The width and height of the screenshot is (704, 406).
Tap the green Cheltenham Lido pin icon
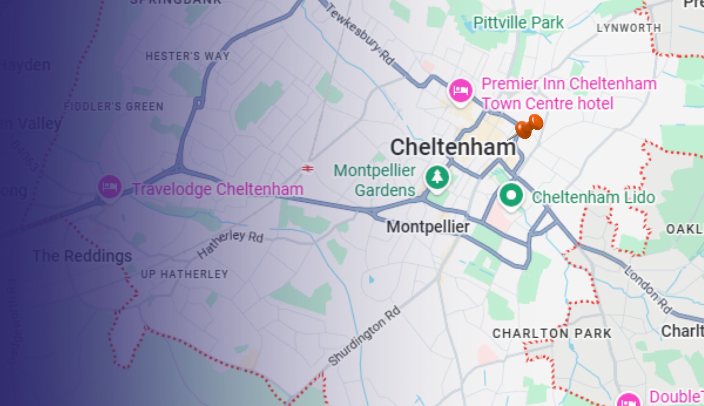pyautogui.click(x=511, y=196)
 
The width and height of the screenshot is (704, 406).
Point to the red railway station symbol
pyautogui.click(x=308, y=168)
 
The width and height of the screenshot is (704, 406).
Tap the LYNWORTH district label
pyautogui.click(x=629, y=28)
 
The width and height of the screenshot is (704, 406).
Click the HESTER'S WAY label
pyautogui.click(x=188, y=56)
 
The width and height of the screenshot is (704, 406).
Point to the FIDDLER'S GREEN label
pyautogui.click(x=113, y=106)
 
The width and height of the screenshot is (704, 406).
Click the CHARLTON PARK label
pyautogui.click(x=552, y=333)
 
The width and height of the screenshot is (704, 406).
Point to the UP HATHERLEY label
pyautogui.click(x=185, y=274)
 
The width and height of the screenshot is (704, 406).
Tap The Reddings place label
pyautogui.click(x=82, y=256)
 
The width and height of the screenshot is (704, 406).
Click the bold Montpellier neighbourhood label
pyautogui.click(x=428, y=226)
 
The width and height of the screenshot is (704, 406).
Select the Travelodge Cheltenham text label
pyautogui.click(x=218, y=189)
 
